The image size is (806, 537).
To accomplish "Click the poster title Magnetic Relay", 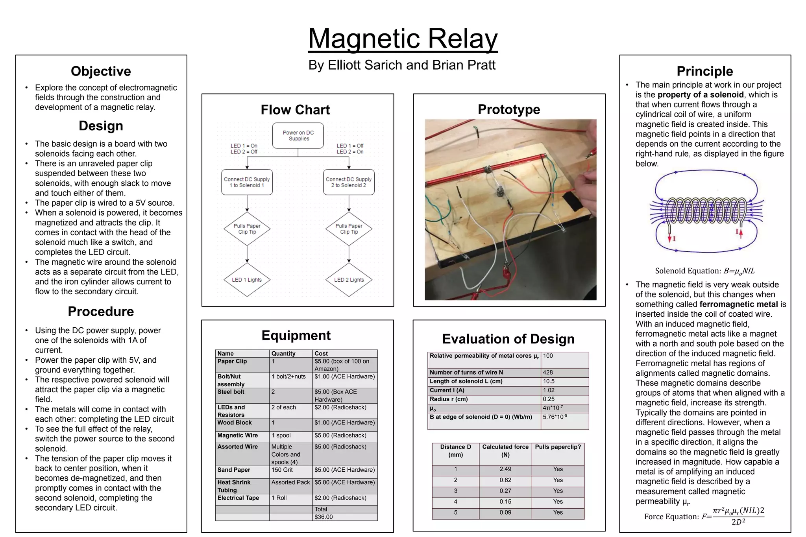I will [x=403, y=39].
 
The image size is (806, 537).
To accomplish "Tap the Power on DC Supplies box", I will [x=298, y=136].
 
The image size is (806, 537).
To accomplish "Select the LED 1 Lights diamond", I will [x=247, y=280].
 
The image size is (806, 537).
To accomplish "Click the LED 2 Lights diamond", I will [x=349, y=280].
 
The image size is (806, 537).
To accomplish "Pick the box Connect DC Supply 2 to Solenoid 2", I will [x=349, y=182].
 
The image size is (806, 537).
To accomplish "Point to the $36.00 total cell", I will [x=324, y=517].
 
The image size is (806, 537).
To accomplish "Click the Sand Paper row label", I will [x=234, y=470].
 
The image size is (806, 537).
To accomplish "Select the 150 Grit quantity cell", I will [x=282, y=470].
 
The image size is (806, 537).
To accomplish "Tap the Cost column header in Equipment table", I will [x=321, y=353].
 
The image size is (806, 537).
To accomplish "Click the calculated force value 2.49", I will [x=505, y=469].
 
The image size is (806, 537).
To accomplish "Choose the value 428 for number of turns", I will [x=548, y=372].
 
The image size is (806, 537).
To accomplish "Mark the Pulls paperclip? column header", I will [x=558, y=447].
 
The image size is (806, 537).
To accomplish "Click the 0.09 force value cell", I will [x=505, y=512].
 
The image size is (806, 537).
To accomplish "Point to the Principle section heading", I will [x=704, y=71].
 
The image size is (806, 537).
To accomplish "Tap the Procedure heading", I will [x=101, y=311].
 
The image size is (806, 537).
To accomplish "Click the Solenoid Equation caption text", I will [x=704, y=271].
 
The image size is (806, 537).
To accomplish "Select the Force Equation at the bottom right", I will [x=704, y=516].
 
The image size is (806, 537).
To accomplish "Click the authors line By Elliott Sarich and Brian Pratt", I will [x=402, y=65].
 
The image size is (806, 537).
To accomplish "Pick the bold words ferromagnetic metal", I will [x=738, y=304].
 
